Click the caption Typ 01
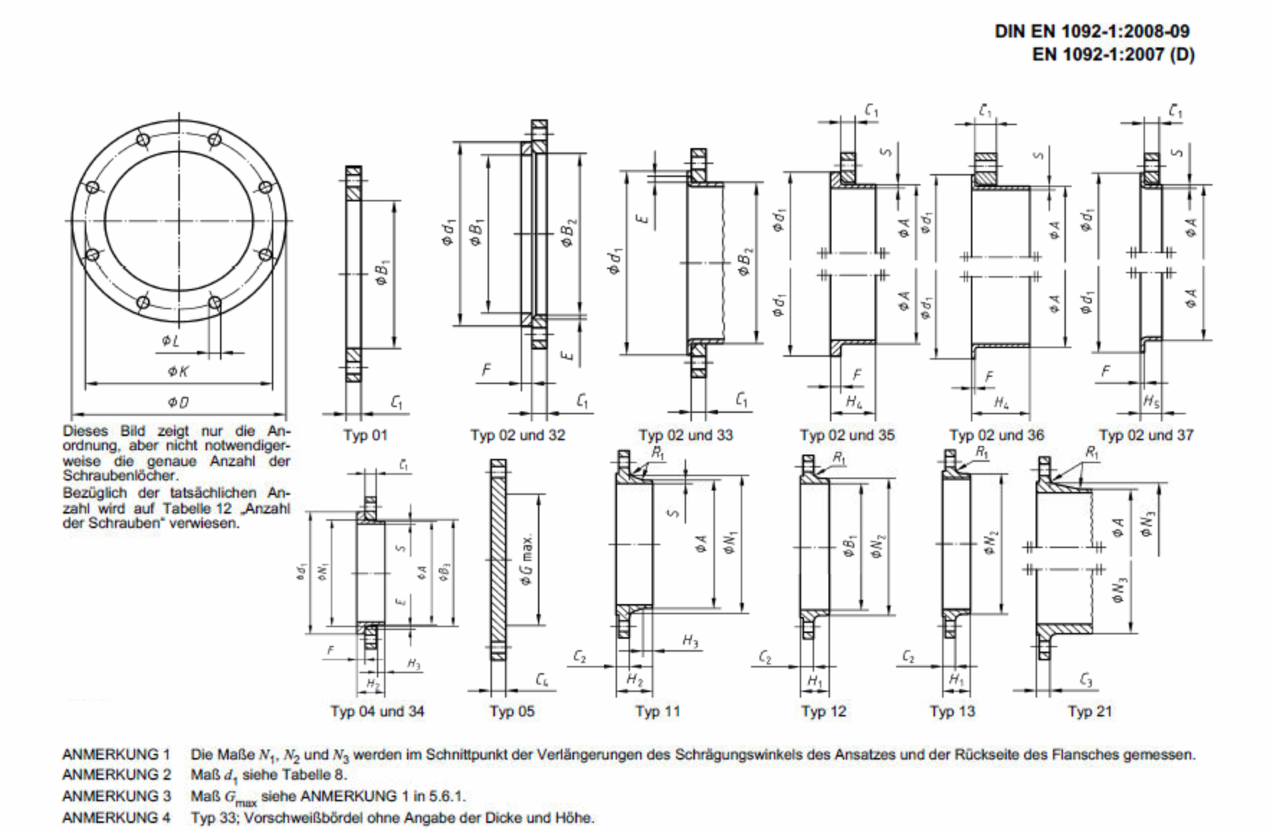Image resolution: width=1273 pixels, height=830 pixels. pyautogui.click(x=365, y=435)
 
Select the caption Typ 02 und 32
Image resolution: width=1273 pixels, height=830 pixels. pyautogui.click(x=518, y=435)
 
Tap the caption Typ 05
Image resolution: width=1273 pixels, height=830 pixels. pyautogui.click(x=512, y=711)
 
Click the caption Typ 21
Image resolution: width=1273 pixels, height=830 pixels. pyautogui.click(x=1090, y=711)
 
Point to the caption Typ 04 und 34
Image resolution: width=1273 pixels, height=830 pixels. pyautogui.click(x=377, y=711)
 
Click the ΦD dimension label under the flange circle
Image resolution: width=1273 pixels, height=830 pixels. pyautogui.click(x=178, y=403)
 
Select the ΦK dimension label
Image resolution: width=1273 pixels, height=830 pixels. pyautogui.click(x=178, y=371)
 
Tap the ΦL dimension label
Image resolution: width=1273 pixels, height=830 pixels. pyautogui.click(x=170, y=340)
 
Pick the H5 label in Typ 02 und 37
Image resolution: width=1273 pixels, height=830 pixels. pyautogui.click(x=1151, y=402)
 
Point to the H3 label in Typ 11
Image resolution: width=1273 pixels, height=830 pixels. pyautogui.click(x=690, y=641)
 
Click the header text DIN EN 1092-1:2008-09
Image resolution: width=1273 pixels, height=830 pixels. pyautogui.click(x=1092, y=32)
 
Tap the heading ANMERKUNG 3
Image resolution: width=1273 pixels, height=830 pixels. pyautogui.click(x=116, y=796)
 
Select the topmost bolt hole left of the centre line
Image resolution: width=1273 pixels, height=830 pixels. pyautogui.click(x=143, y=140)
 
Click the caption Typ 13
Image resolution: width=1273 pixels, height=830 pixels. pyautogui.click(x=952, y=711)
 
